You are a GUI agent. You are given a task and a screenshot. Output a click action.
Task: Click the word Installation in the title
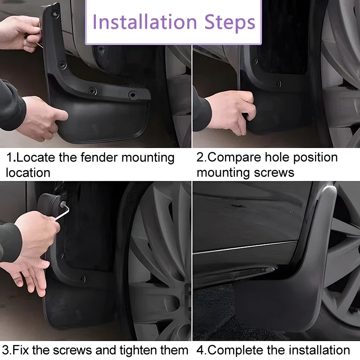[144, 22]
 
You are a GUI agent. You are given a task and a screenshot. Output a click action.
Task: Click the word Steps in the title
[230, 22]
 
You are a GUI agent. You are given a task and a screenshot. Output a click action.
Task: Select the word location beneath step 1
[28, 172]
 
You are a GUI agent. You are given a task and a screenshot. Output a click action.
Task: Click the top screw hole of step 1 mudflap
[55, 14]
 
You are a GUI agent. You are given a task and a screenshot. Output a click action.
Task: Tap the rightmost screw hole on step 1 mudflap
[133, 94]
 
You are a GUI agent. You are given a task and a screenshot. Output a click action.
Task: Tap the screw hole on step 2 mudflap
[279, 84]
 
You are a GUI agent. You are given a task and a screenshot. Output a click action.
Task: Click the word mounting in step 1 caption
[148, 158]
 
